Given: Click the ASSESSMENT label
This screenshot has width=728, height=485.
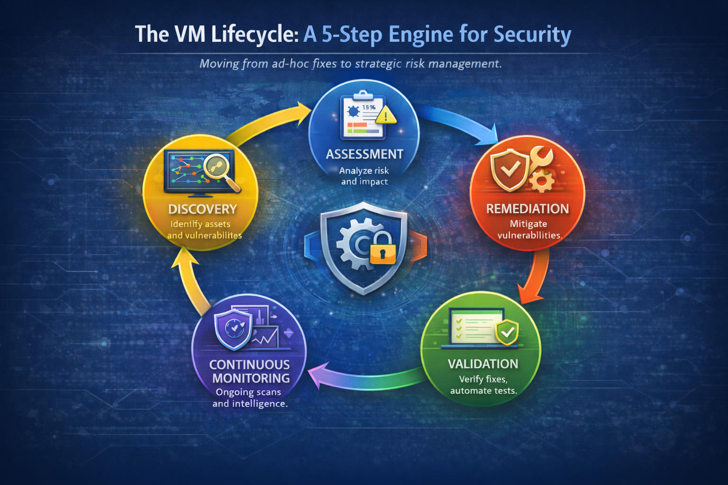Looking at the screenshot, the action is [x=364, y=154].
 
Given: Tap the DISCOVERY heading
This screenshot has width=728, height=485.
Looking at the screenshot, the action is [x=202, y=209].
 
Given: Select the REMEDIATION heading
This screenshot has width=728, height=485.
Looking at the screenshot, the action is [x=527, y=209].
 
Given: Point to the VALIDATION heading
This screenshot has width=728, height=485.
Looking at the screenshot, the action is [x=483, y=364].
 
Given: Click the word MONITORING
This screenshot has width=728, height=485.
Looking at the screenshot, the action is [x=251, y=378].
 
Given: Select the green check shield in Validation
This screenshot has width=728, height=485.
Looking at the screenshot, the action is [x=507, y=332].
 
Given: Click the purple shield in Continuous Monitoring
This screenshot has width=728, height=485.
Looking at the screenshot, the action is [x=233, y=329].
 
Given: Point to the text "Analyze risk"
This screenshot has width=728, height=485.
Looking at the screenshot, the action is [x=364, y=171].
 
